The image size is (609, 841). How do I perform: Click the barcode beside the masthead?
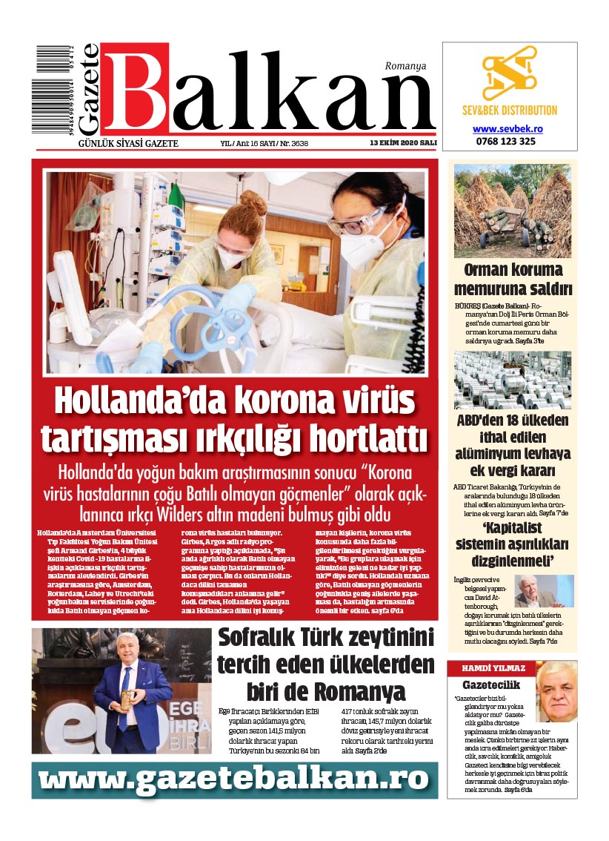tap(53, 89)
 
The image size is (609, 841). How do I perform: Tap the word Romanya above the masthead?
tap(405, 65)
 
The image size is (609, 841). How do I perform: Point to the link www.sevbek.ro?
tap(508, 128)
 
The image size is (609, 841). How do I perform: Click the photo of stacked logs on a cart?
tap(512, 211)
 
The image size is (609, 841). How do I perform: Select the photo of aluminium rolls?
tap(512, 379)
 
